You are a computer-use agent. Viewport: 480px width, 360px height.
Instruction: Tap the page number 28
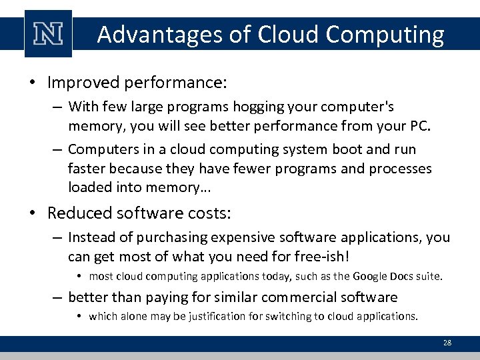tap(447, 343)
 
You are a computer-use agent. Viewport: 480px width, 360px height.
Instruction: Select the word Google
tap(371, 277)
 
